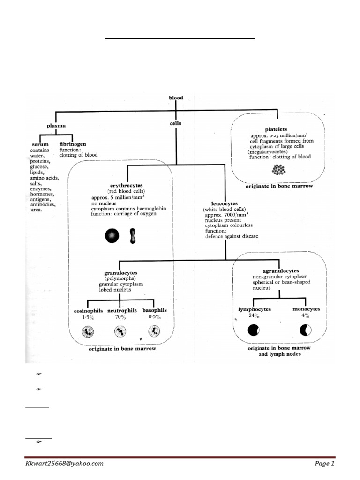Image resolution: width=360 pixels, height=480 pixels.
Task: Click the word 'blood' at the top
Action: (176, 98)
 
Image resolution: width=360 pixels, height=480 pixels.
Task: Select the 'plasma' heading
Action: (56, 126)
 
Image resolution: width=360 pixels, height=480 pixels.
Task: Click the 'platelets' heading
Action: (276, 129)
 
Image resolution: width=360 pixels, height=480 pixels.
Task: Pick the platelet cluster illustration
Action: (279, 171)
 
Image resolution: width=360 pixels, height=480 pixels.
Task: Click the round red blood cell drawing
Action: (112, 235)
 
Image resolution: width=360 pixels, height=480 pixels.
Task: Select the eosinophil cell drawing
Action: (88, 332)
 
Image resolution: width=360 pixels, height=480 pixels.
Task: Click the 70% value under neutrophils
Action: (120, 317)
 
